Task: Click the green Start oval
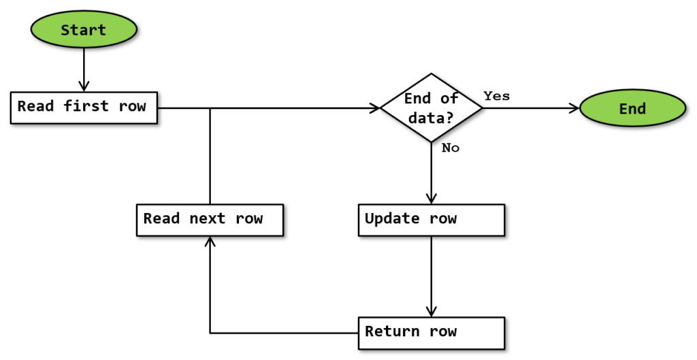pos(84,30)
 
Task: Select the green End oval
pos(632,109)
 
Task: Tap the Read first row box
pos(84,108)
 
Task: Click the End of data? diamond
pos(432,108)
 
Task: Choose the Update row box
pos(432,219)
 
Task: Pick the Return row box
pos(432,332)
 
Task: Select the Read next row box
pos(210,219)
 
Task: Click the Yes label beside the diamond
pos(497,96)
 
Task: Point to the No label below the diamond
pos(451,148)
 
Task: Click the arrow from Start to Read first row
pos(84,68)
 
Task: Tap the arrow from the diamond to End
pos(531,108)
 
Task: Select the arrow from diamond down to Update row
pos(432,174)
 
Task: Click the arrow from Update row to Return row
pos(432,276)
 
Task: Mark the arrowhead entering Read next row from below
pos(210,242)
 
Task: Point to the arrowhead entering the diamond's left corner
pos(374,108)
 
